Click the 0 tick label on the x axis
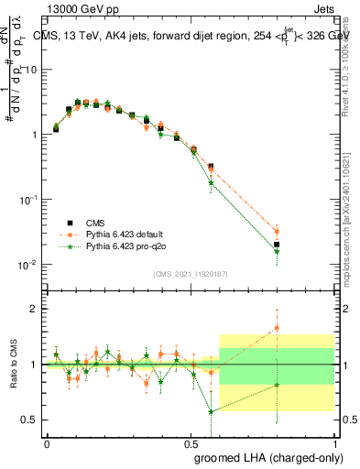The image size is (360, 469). (x=47, y=442)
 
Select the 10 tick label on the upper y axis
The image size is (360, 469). (x=30, y=70)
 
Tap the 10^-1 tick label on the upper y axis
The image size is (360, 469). (x=27, y=200)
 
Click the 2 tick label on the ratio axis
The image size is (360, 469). (x=33, y=309)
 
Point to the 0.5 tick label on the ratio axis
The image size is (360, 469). (x=29, y=420)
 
